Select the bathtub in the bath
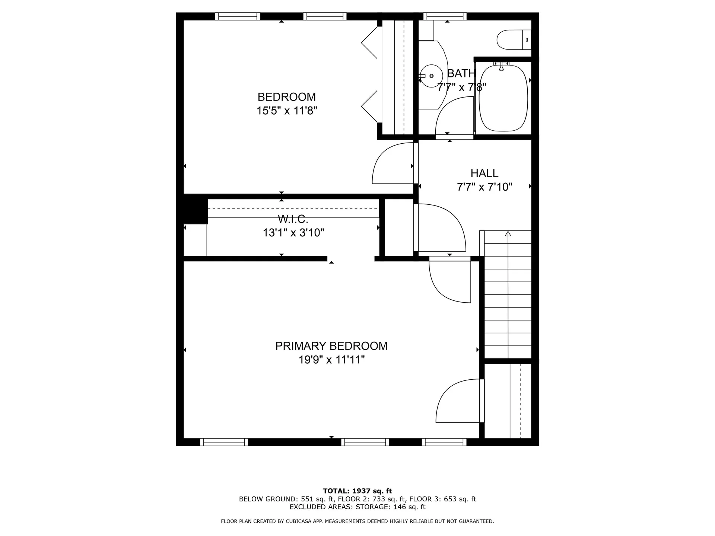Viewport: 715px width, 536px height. (x=503, y=98)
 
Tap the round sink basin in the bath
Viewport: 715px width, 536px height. (x=431, y=76)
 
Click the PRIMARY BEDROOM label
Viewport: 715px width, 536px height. (x=331, y=346)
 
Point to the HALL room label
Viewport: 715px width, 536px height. (x=484, y=173)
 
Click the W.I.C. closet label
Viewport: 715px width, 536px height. (x=293, y=219)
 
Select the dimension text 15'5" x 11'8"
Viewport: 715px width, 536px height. (x=287, y=111)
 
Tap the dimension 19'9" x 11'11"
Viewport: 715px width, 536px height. (x=331, y=360)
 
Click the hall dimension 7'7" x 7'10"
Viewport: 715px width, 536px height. (x=484, y=187)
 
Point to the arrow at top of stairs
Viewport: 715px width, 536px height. (x=508, y=234)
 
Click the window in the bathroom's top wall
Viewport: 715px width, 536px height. (x=445, y=16)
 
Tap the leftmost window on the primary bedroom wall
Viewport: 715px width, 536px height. (x=224, y=442)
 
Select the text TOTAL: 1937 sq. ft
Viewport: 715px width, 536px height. (x=357, y=491)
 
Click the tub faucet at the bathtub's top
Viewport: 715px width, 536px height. (x=501, y=66)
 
